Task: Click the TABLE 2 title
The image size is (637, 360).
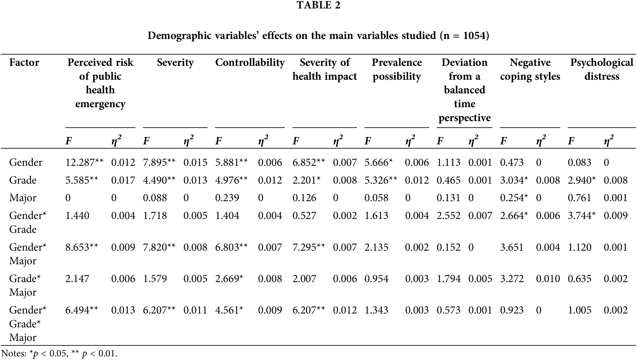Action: tap(318, 5)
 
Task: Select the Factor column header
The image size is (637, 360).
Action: tap(24, 63)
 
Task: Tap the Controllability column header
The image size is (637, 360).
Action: tap(250, 63)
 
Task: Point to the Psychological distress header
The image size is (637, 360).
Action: tap(602, 69)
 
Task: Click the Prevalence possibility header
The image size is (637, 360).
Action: tap(397, 69)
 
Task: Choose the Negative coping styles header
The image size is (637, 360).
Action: tap(530, 69)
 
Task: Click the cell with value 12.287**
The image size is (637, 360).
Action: tap(84, 162)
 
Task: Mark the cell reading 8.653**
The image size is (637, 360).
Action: tap(82, 247)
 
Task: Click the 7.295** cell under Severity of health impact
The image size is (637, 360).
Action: tap(309, 247)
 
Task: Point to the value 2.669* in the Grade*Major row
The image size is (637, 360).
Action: tap(229, 278)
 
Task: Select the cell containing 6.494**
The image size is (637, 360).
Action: tap(82, 310)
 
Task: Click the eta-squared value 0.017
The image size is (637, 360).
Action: tap(123, 180)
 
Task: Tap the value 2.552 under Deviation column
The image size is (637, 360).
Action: tap(448, 215)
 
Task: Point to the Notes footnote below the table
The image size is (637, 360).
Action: tap(59, 353)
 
